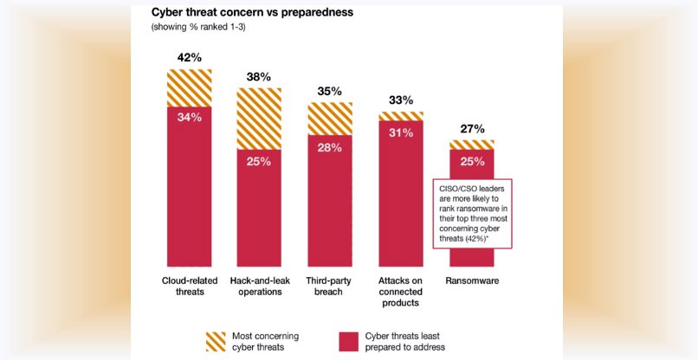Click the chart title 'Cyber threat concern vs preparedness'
click(250, 12)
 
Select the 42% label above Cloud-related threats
click(189, 57)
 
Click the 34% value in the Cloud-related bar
click(189, 117)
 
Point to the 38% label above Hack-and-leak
click(259, 76)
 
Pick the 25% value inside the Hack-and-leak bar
click(259, 161)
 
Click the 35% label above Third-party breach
click(329, 91)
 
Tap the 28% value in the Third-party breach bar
click(329, 147)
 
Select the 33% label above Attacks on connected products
click(400, 100)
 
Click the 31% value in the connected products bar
click(400, 132)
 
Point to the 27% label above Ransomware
click(471, 129)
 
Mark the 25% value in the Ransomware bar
click(471, 162)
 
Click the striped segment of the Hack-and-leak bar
click(259, 118)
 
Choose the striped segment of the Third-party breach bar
click(329, 119)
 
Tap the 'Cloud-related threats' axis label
click(189, 286)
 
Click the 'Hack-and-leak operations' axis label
click(259, 286)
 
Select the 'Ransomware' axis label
click(471, 281)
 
